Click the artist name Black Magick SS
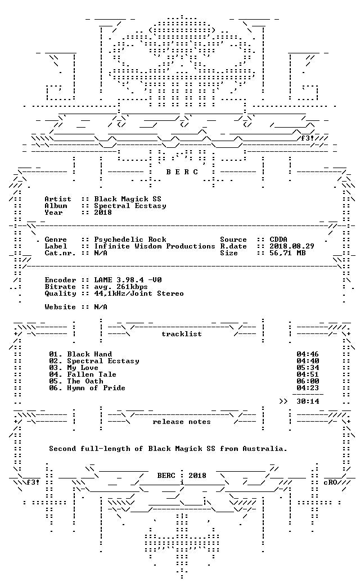pos(128,199)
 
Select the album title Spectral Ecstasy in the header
pos(130,206)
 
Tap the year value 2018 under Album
pos(103,213)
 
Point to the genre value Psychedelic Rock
pos(130,239)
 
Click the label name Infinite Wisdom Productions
pos(155,246)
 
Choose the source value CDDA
pos(278,239)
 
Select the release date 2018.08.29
pos(292,246)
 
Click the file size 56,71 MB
pos(287,252)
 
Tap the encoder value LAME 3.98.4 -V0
pos(128,279)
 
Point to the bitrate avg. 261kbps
pos(121,287)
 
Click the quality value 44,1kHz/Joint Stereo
pos(139,293)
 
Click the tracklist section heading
pos(182,334)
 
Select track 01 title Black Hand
pos(89,354)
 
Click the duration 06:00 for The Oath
pos(308,381)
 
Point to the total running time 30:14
pos(308,401)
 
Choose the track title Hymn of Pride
pos(96,388)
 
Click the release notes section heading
pos(182,422)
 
